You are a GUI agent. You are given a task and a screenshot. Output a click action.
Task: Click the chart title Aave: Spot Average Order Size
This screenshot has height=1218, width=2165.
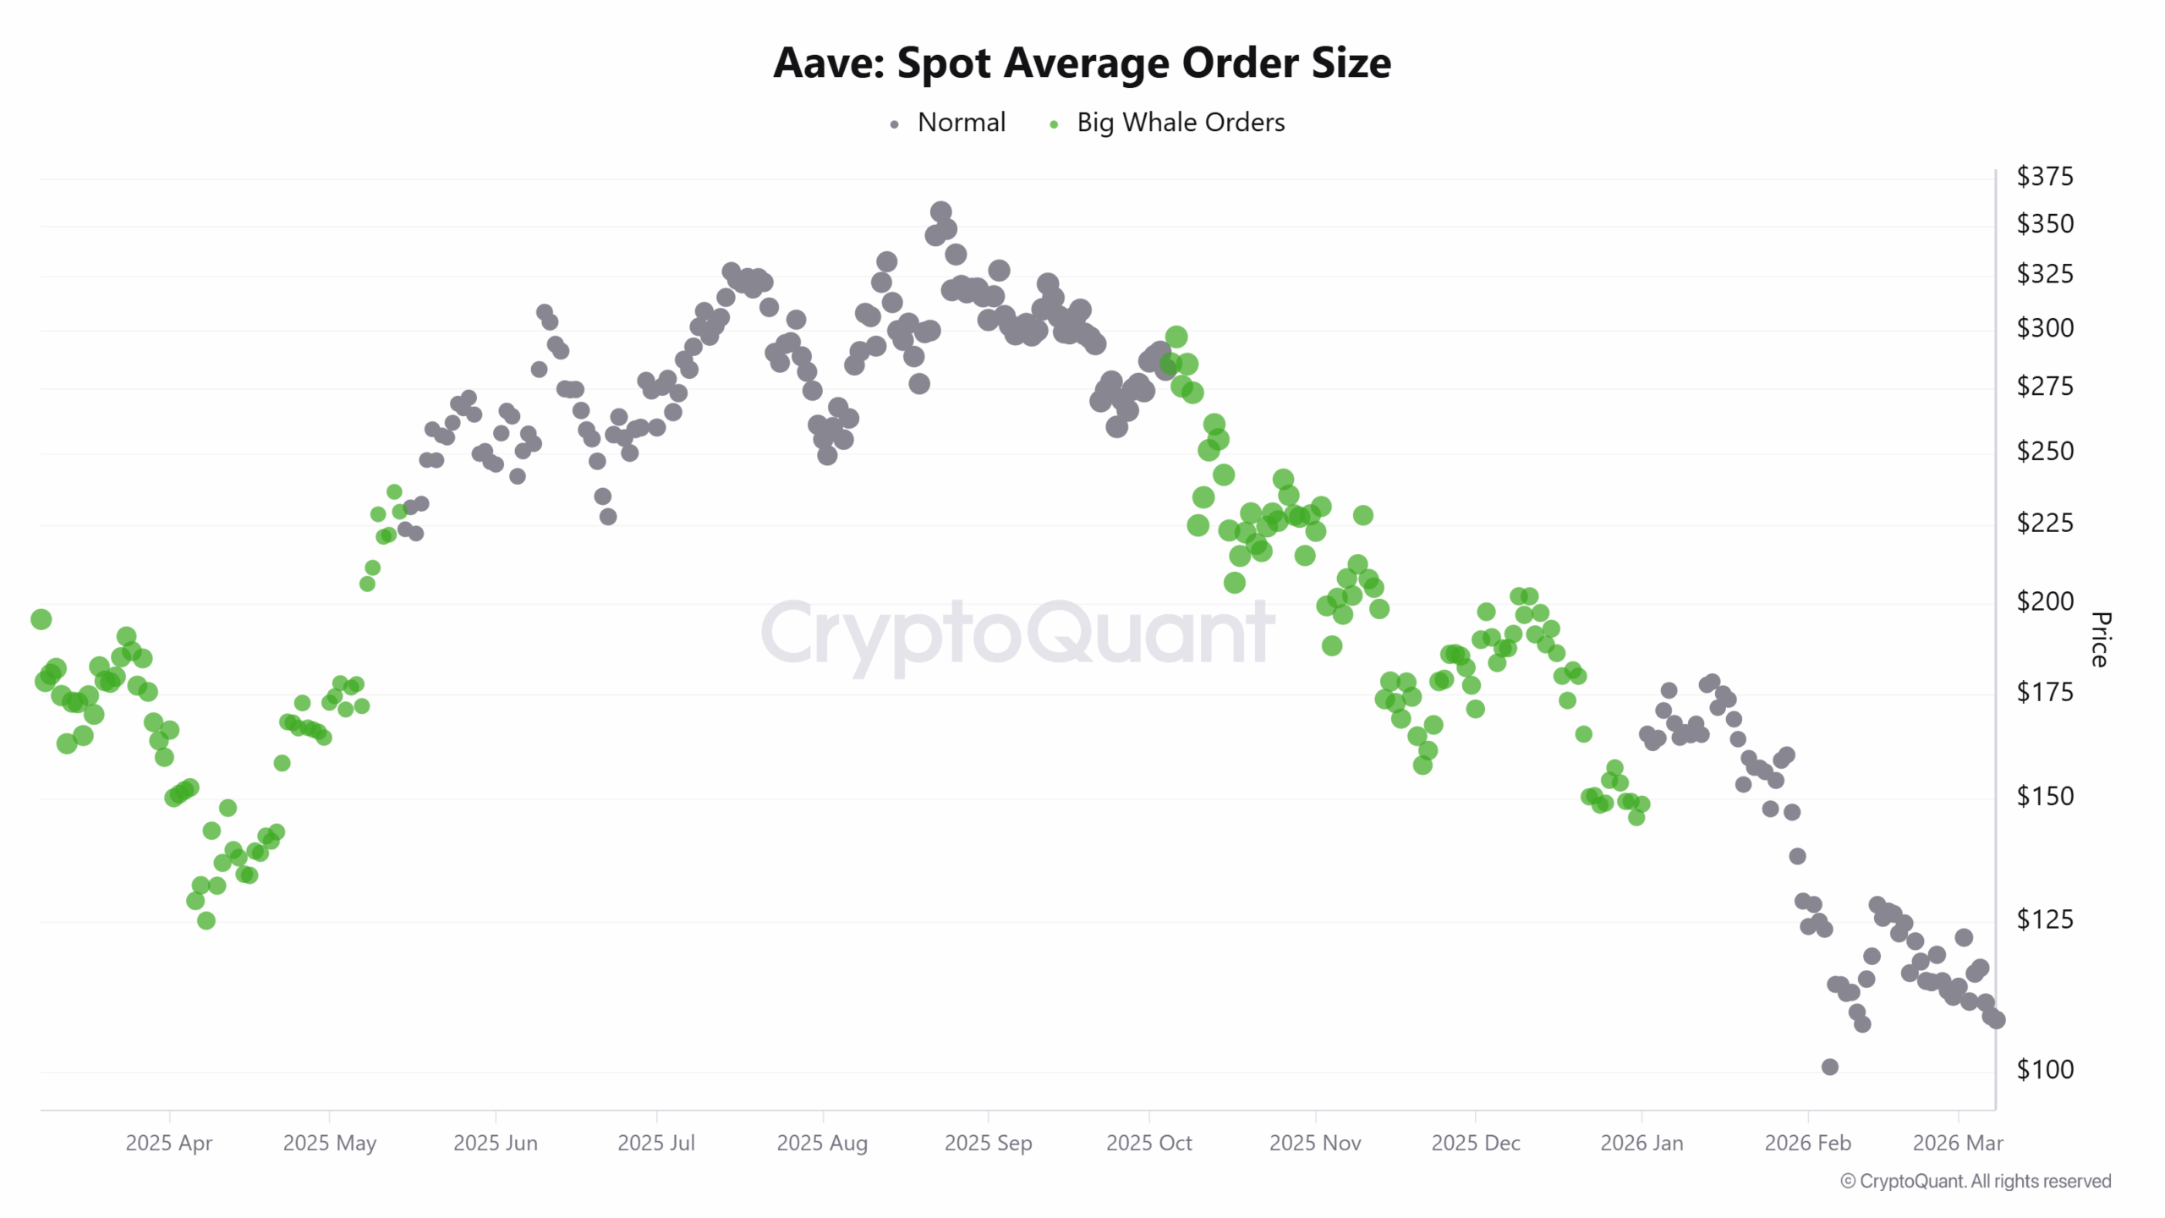1082,63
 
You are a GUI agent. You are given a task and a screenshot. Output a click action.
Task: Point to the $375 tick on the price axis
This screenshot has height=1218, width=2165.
2044,176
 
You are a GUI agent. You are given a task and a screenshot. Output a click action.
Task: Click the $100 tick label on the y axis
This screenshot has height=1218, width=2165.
2044,1069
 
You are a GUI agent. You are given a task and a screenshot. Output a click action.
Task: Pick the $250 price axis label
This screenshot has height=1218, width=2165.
2044,451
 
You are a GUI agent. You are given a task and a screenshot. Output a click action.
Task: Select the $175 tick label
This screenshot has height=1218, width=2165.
2044,692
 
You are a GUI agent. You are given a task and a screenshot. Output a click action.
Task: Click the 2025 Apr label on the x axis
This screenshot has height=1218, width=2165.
169,1143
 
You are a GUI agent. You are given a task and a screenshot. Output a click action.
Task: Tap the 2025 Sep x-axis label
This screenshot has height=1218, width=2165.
988,1143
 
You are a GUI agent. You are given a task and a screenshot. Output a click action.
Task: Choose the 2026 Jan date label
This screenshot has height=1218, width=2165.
1642,1143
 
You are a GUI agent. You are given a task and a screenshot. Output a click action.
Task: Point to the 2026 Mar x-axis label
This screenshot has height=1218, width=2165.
1958,1143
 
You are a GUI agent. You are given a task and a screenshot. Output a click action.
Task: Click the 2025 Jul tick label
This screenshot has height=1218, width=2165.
656,1143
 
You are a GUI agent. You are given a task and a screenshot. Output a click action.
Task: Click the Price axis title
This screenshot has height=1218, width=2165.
2101,639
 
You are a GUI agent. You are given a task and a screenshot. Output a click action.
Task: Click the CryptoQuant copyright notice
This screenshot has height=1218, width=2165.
1976,1181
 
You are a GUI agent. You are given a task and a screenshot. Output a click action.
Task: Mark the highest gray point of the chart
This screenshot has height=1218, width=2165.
941,211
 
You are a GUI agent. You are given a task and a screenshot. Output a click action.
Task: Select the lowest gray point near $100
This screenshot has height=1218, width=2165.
1830,1067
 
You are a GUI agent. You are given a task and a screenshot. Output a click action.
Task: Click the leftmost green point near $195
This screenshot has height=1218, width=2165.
41,619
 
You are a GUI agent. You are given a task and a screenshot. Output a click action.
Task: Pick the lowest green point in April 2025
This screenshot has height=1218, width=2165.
206,920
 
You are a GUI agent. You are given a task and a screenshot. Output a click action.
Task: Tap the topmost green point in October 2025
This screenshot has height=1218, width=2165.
1176,337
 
